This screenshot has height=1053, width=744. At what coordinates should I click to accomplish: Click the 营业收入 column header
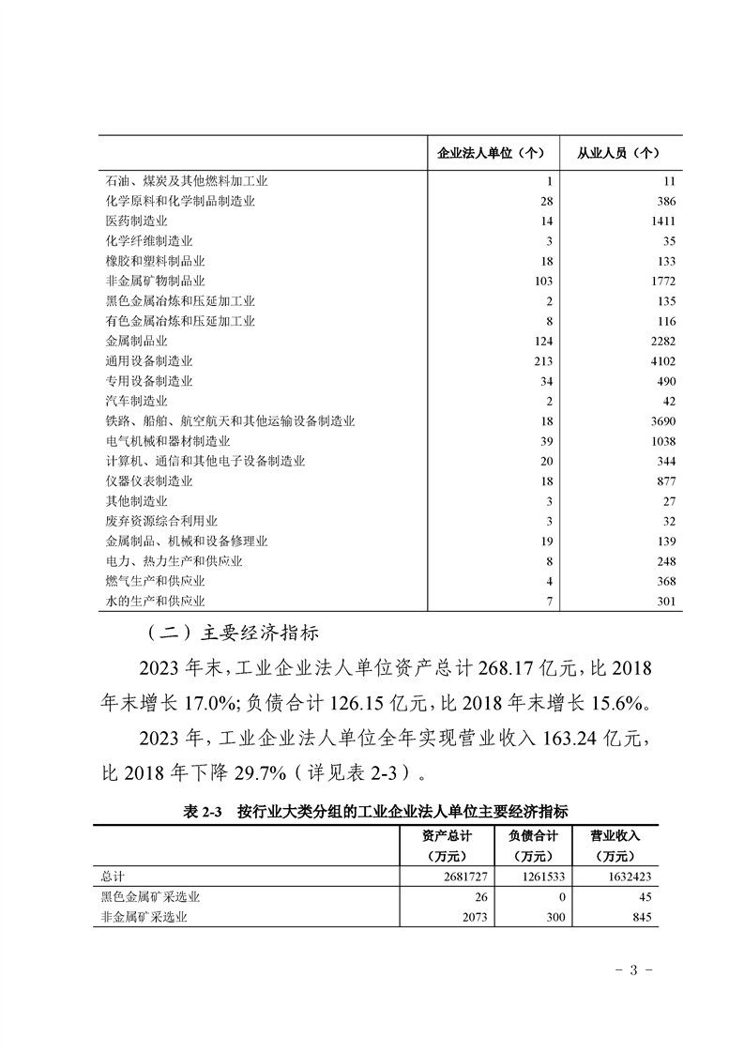[615, 834]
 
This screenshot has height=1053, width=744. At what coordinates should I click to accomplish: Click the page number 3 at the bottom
[633, 969]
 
